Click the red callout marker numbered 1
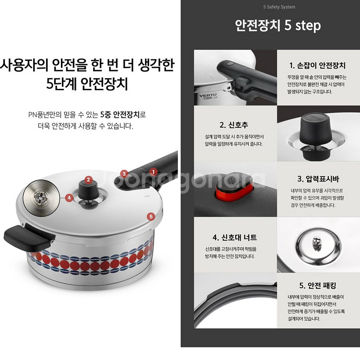[153, 171]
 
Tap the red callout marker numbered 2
[88, 180]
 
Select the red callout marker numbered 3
[124, 174]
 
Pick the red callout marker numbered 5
[151, 216]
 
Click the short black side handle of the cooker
[23, 235]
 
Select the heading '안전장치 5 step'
[278, 25]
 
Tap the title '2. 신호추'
[235, 125]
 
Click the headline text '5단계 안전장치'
[87, 85]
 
